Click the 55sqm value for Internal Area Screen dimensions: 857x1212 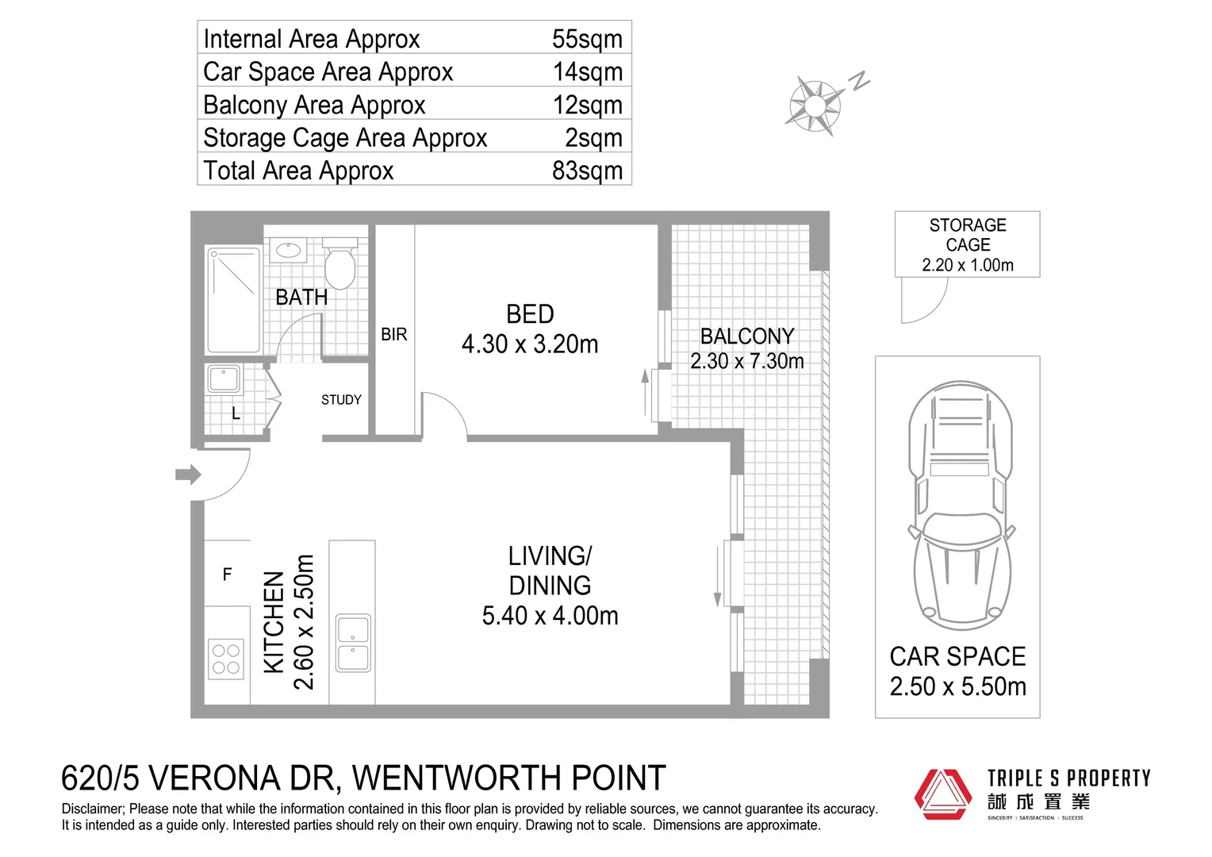586,39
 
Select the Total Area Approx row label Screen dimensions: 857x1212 298,171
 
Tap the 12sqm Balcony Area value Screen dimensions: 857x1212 587,105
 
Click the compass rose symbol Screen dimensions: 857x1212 815,105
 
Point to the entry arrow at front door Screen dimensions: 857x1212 188,475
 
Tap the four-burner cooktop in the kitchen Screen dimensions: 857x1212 226,659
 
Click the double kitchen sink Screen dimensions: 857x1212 353,644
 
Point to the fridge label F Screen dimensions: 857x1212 228,575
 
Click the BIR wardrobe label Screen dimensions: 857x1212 394,335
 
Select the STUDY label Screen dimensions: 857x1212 341,400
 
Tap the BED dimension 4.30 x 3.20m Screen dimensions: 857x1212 530,344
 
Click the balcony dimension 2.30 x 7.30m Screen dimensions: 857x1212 746,362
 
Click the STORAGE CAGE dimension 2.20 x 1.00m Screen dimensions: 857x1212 967,266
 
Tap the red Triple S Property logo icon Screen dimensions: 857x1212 942,794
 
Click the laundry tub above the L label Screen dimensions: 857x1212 224,379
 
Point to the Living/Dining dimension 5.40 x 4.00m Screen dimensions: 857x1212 550,616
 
